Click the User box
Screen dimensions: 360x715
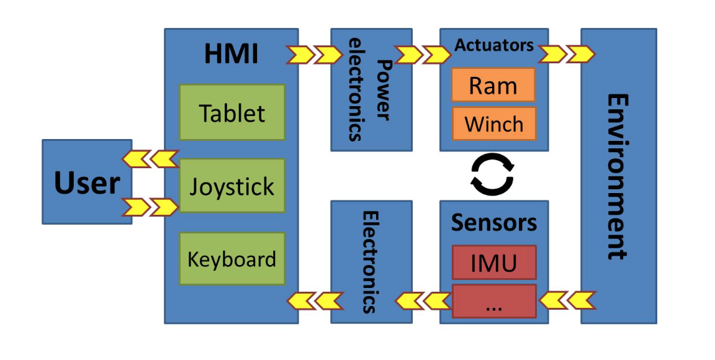coord(87,182)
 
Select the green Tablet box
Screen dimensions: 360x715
coord(232,113)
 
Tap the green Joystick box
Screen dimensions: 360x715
coord(232,186)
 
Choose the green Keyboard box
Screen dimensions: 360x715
coord(232,259)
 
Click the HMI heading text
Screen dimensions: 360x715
coord(231,55)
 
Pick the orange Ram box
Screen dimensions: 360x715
coord(493,85)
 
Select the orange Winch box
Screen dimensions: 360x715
coord(493,124)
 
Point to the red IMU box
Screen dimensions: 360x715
coord(493,262)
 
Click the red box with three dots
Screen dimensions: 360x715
coord(493,302)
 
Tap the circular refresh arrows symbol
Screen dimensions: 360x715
coord(492,174)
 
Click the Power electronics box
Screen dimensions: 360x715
coord(371,89)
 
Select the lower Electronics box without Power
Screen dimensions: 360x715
coord(371,261)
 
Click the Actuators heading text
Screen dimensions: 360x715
coord(494,45)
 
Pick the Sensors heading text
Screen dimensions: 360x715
coord(494,222)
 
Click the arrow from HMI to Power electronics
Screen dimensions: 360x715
coord(315,55)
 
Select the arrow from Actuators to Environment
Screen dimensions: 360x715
coord(567,55)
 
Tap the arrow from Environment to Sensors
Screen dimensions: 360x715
coord(567,301)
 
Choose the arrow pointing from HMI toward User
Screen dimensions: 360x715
coord(150,160)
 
